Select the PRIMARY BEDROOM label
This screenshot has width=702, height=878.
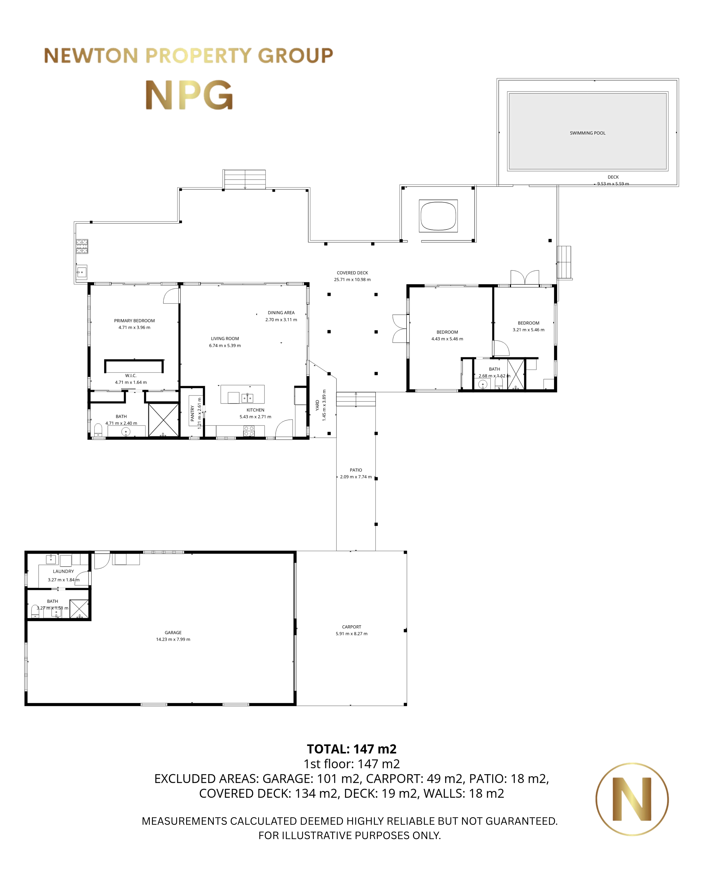(x=134, y=320)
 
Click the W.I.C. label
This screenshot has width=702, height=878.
(x=131, y=375)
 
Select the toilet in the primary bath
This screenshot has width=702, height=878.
(x=98, y=430)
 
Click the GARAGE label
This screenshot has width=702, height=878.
(x=173, y=632)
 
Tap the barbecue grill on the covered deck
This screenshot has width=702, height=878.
(x=82, y=246)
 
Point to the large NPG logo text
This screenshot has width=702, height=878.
(x=189, y=95)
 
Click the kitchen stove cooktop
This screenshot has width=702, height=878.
(x=249, y=431)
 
